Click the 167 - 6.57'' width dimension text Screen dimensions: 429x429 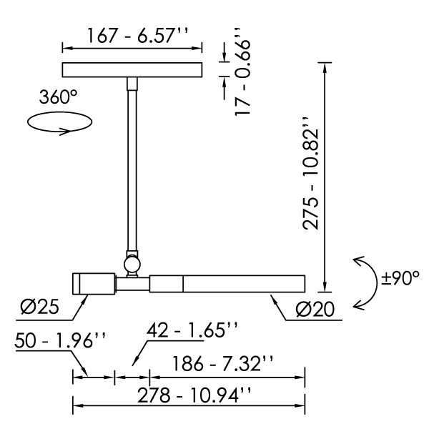(137, 36)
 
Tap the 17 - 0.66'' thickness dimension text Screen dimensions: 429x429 (242, 71)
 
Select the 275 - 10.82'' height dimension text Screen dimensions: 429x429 (311, 173)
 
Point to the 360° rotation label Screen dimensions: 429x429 (59, 97)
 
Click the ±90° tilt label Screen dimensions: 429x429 (400, 278)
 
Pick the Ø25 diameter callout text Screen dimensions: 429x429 (39, 306)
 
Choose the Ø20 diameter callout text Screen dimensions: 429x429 (315, 309)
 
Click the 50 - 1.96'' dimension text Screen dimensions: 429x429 (60, 340)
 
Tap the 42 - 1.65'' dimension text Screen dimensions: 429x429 (192, 330)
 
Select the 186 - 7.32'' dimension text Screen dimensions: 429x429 (222, 364)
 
